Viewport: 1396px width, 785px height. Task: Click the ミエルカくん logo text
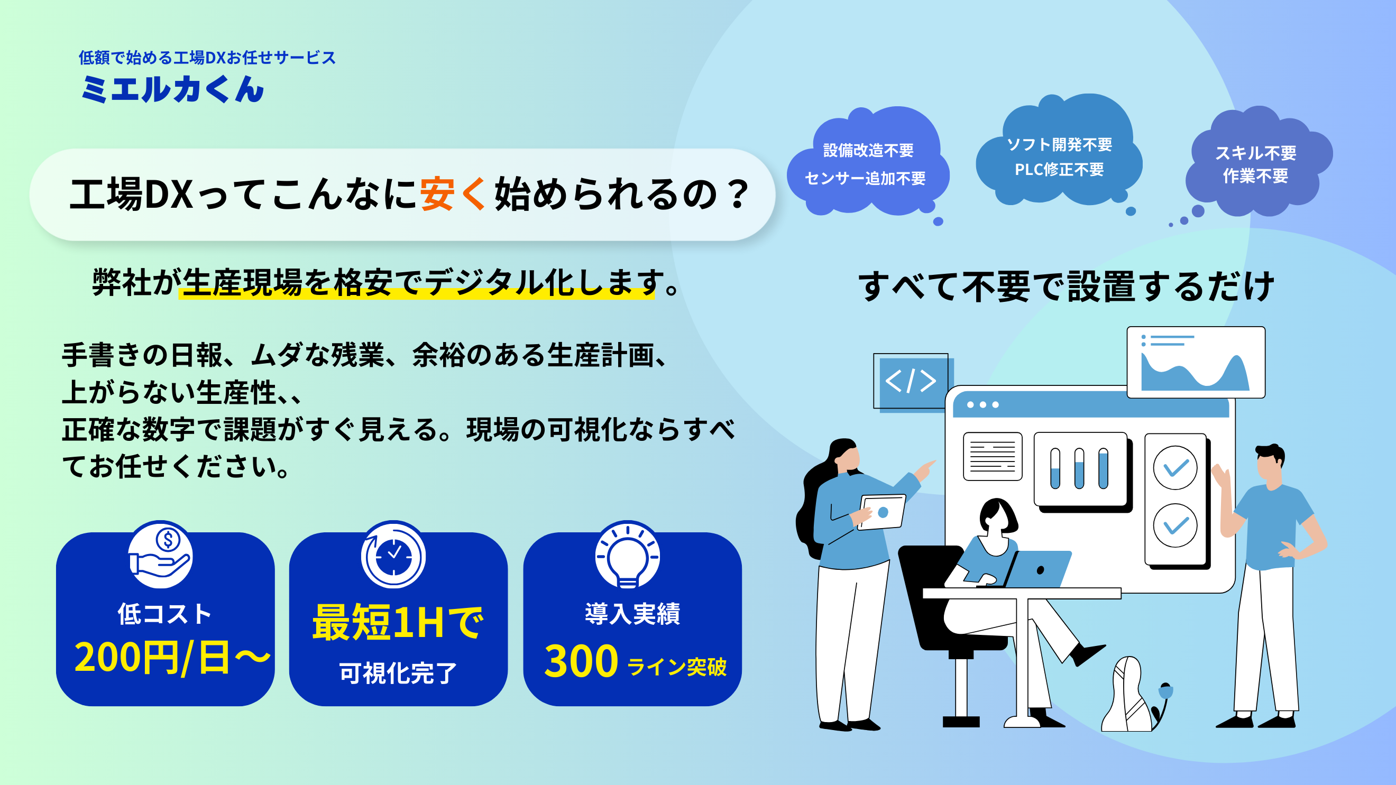(x=173, y=89)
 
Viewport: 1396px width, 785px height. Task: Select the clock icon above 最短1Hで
(x=393, y=555)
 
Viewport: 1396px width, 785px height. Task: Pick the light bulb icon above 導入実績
(x=628, y=555)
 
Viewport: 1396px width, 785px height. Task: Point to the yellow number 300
(x=581, y=661)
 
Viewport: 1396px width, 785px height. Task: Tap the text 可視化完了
(x=398, y=673)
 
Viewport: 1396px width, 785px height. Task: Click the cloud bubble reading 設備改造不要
(x=868, y=162)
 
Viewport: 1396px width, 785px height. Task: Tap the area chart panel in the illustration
(x=1196, y=362)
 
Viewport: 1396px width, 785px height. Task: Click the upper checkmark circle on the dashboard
(x=1175, y=467)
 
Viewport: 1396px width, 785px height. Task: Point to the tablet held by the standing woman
(x=881, y=512)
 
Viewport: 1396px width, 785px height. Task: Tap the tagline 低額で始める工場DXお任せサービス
(x=207, y=58)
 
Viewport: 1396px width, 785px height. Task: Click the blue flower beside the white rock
(x=1165, y=691)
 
